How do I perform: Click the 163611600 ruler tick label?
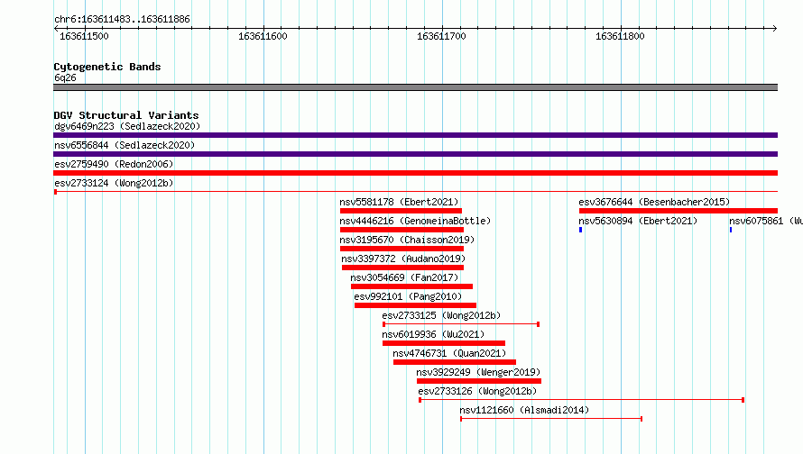coord(263,36)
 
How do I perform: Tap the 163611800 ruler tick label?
coord(620,36)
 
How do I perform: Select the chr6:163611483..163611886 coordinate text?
coord(122,20)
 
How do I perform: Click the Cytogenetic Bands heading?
coord(107,67)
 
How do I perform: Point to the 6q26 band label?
coord(65,77)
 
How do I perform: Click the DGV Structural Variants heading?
coord(126,115)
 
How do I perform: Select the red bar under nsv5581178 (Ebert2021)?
coord(401,211)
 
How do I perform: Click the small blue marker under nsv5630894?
coord(580,230)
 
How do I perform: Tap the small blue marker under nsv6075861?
coord(731,230)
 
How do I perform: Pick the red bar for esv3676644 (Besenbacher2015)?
coord(678,211)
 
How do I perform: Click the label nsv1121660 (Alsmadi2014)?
coord(524,410)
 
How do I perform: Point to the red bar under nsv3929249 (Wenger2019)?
coord(479,381)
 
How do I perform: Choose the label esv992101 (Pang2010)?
coord(408,296)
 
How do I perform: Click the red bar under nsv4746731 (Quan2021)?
coord(454,362)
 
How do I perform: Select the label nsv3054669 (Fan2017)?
coord(404,277)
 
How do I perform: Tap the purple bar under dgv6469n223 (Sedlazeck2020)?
coord(415,135)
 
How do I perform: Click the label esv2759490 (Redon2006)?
coord(114,164)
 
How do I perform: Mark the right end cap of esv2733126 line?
coord(743,400)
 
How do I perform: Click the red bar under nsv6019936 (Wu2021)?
coord(444,343)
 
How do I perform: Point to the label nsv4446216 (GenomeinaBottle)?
coord(415,221)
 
